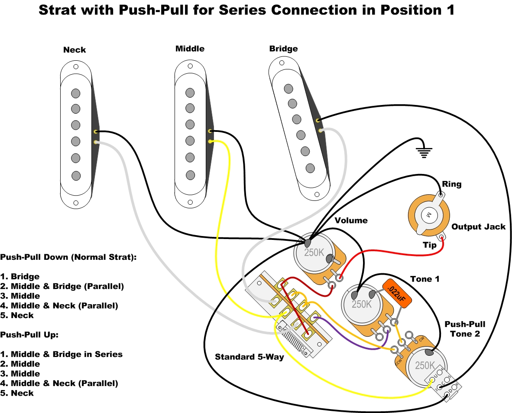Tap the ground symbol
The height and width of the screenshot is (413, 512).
[423, 152]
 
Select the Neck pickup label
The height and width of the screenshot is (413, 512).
[75, 50]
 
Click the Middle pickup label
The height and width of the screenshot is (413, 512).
[190, 49]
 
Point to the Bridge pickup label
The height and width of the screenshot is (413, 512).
[283, 49]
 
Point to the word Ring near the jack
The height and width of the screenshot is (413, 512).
[452, 184]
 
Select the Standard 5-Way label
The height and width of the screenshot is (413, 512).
[250, 357]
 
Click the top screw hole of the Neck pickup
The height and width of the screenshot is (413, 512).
[76, 67]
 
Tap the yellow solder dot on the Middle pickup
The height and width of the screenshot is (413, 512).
[210, 141]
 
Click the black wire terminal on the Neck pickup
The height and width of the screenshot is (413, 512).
[95, 131]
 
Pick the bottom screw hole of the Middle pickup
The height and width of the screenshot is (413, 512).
[190, 202]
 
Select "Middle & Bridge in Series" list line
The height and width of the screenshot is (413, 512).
[62, 354]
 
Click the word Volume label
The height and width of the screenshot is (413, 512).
[351, 220]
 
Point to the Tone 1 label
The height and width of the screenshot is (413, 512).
[425, 279]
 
